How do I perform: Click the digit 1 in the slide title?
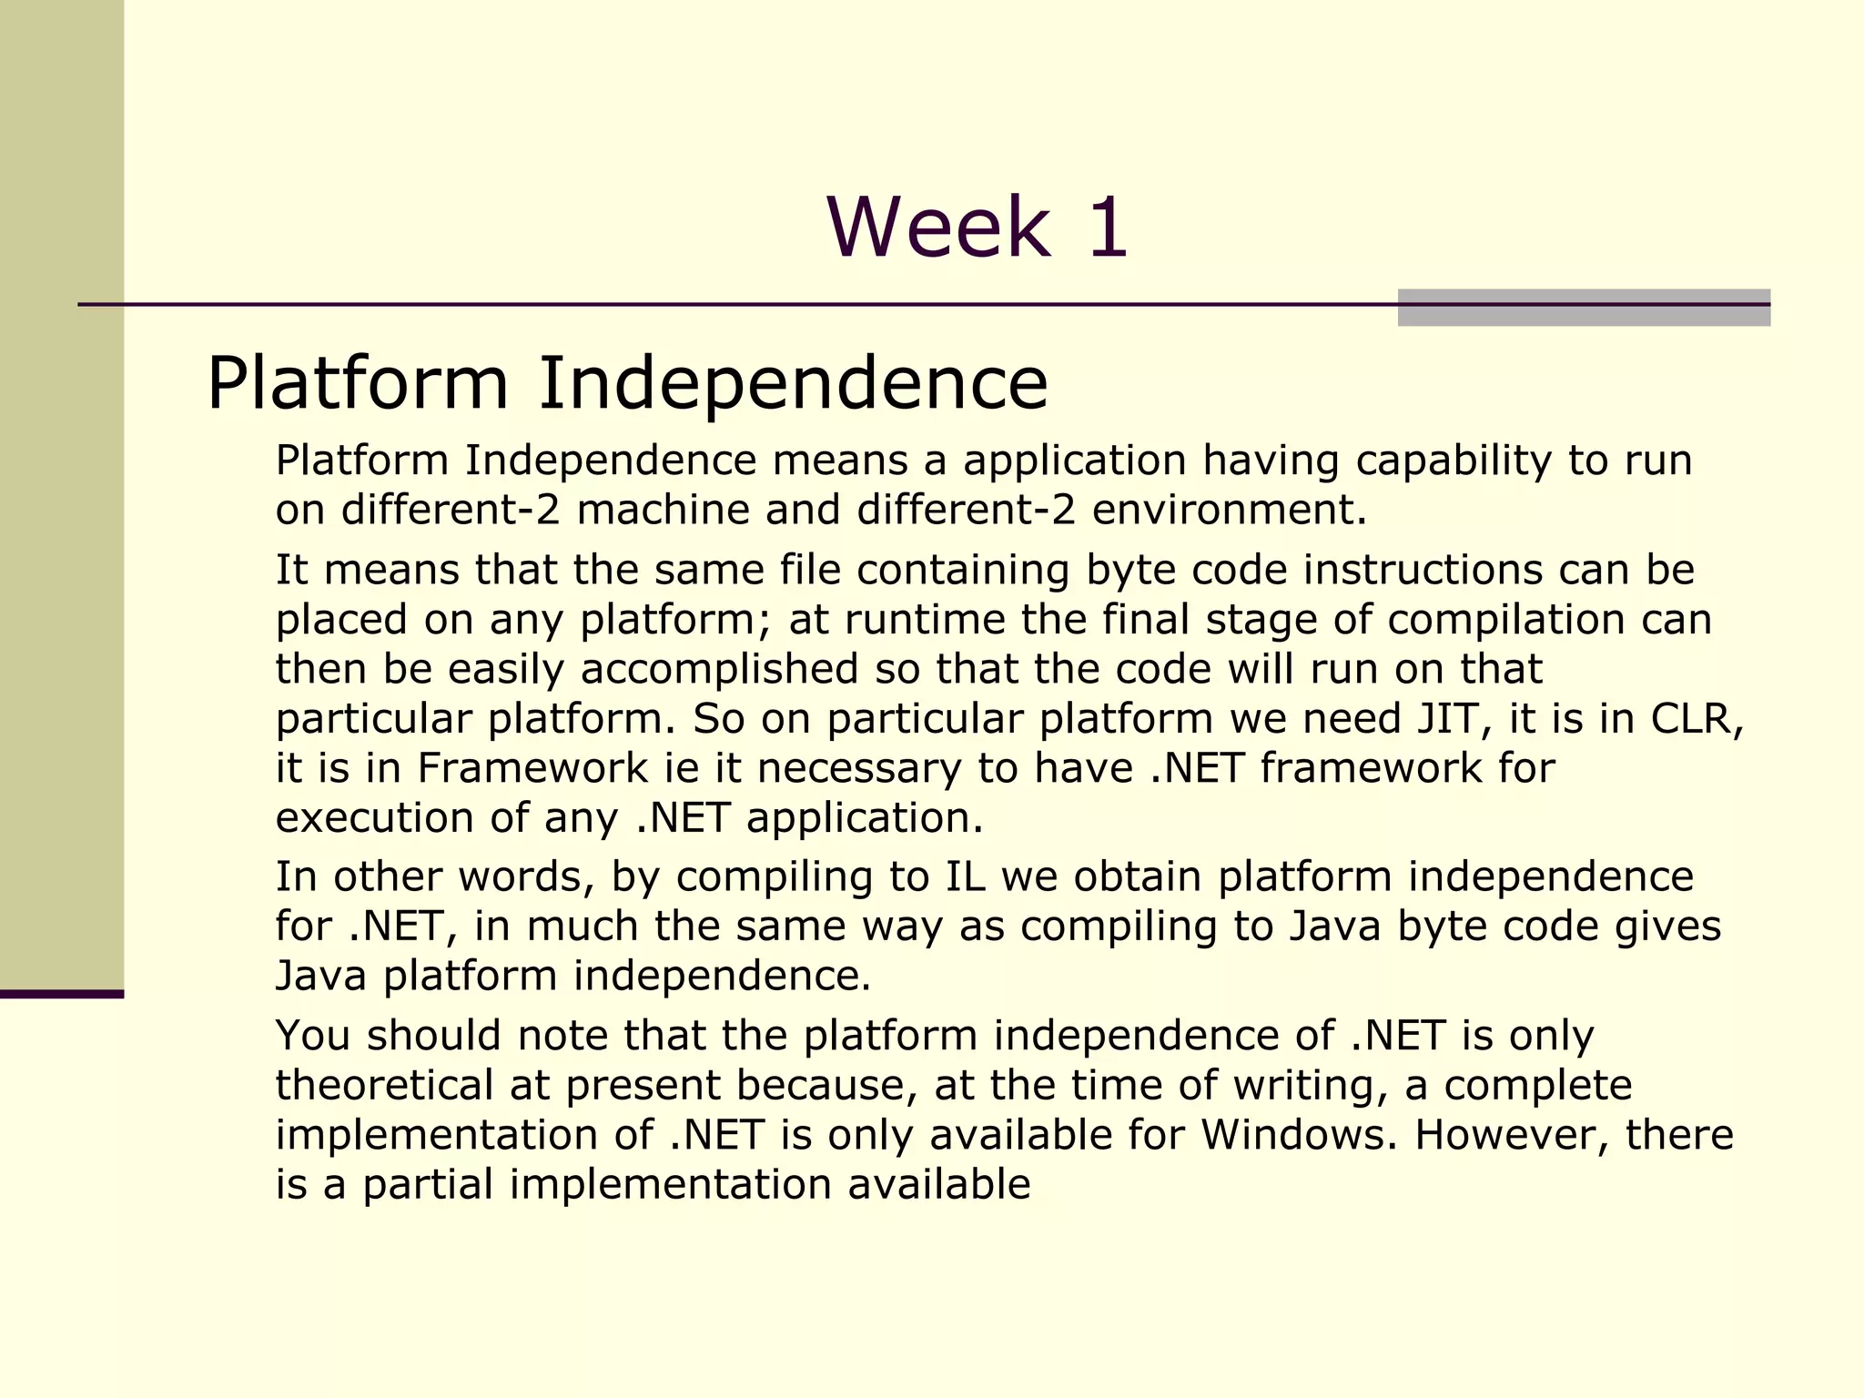[1106, 228]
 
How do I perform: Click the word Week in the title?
[938, 228]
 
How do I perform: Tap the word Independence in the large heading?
[793, 383]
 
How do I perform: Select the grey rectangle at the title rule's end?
[1583, 308]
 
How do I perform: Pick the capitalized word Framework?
[532, 768]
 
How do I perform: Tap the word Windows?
[1298, 1135]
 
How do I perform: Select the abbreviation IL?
[966, 876]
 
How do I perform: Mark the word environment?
[1229, 510]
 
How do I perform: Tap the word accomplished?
[719, 669]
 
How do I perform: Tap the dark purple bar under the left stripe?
[62, 994]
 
